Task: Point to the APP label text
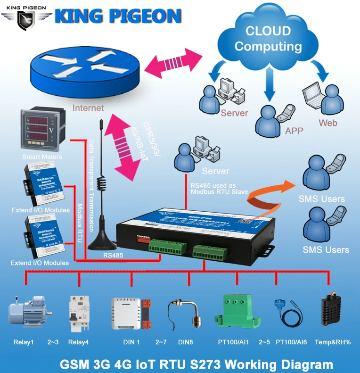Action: (x=294, y=131)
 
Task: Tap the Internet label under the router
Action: (x=88, y=108)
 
